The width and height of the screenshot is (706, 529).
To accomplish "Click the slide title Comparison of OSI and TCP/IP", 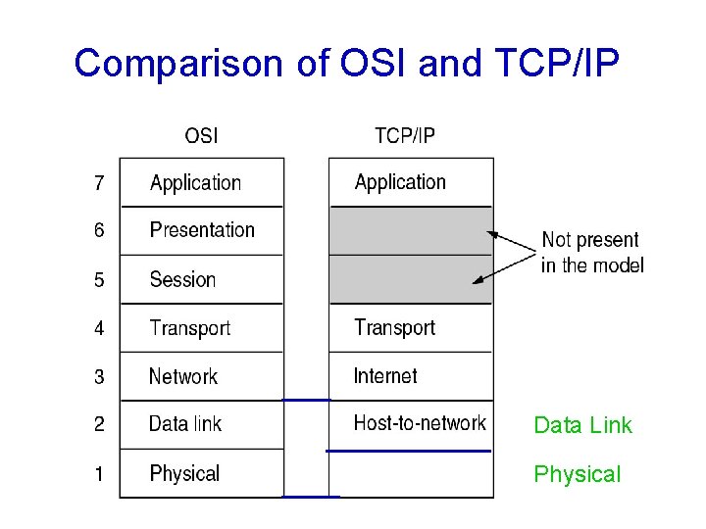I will point(346,63).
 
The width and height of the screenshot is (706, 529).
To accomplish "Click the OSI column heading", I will point(201,135).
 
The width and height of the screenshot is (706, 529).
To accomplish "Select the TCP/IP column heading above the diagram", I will point(404,135).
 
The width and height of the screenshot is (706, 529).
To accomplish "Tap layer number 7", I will point(99,182).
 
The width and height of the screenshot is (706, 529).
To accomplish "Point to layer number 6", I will point(99,231).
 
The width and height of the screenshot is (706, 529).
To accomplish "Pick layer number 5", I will point(99,280).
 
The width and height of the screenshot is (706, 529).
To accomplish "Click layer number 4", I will point(99,328).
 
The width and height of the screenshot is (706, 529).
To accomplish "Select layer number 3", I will point(99,377).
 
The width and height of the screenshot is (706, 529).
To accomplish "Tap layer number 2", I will point(99,425).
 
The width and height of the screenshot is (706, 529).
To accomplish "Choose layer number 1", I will point(99,474).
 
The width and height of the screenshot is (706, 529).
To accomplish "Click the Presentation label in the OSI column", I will point(202,230).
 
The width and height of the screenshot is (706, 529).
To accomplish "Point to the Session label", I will point(182,279).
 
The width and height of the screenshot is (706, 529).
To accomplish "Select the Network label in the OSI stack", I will point(183,376).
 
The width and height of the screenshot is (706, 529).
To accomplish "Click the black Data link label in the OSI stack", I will point(185,424).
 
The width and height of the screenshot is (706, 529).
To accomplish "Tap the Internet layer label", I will point(385,376).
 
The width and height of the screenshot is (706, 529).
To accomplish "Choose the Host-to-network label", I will point(420,423).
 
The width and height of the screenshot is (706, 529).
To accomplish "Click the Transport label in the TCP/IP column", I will point(394,327).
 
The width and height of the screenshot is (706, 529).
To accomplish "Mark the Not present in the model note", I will point(591,253).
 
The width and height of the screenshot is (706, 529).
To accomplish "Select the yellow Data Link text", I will point(582,425).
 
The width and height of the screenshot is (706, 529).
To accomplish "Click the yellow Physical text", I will point(577,475).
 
